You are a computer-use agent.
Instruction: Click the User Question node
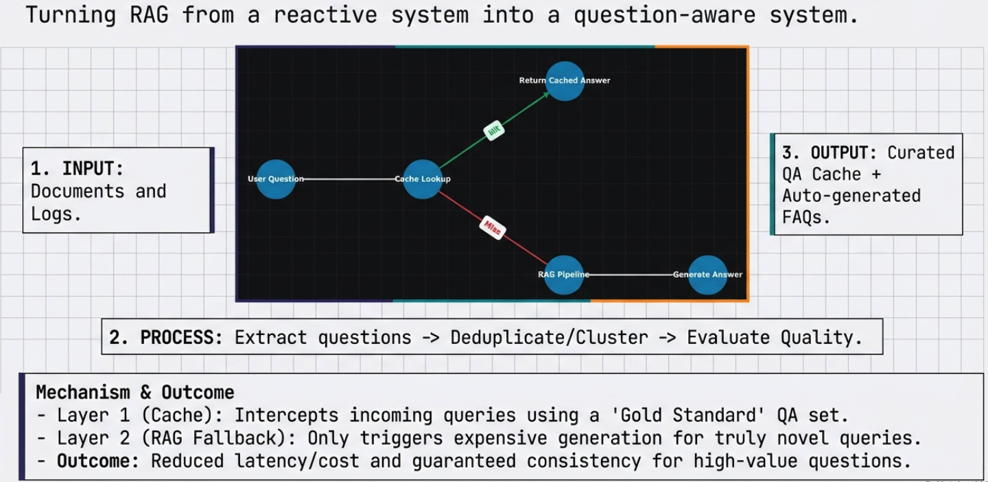[x=276, y=179]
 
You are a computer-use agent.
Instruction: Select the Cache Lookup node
[x=422, y=179]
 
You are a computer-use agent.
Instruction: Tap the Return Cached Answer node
[x=565, y=80]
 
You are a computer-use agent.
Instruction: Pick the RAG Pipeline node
[x=563, y=275]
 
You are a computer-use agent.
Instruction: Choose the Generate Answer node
[x=707, y=275]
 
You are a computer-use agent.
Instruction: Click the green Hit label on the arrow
[x=494, y=130]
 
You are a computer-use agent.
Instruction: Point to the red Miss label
[x=492, y=227]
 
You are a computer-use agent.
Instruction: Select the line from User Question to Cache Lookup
[x=349, y=179]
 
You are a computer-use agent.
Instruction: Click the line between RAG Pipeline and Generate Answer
[x=631, y=275]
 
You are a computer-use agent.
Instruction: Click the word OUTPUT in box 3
[x=844, y=152]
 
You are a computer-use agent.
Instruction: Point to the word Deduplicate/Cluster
[x=549, y=337]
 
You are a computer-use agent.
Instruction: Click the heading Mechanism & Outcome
[x=135, y=392]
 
